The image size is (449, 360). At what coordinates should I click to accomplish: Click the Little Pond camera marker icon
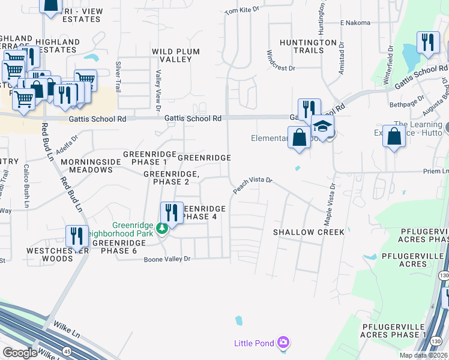283,343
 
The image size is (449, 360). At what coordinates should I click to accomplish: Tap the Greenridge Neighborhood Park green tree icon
161,228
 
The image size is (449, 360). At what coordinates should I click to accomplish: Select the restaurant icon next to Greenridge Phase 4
172,212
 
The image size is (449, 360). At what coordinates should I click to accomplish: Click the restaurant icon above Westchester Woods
77,235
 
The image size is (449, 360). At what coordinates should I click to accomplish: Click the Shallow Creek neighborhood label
309,232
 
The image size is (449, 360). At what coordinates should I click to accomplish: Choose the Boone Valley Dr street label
166,259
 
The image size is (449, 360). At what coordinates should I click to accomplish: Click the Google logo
20,353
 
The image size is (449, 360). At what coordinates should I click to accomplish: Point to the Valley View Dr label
158,83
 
